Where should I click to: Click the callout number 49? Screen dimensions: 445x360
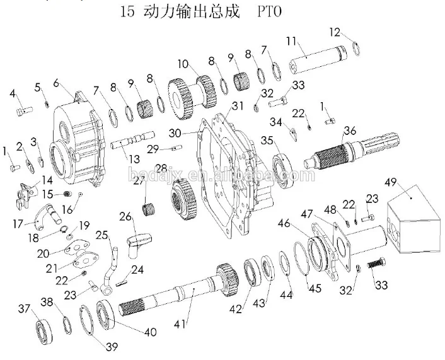[x=391, y=182]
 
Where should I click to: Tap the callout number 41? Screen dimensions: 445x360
[x=180, y=324]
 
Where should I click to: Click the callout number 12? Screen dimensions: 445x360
[x=335, y=32]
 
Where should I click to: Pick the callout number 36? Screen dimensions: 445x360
[x=350, y=131]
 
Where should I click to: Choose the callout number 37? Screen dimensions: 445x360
[x=24, y=308]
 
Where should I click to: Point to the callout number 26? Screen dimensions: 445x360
[x=125, y=217]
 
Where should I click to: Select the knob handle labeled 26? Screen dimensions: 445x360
[x=138, y=245]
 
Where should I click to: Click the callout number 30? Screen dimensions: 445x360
[x=175, y=133]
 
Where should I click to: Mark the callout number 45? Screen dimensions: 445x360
[x=315, y=289]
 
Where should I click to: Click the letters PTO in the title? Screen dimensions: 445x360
[x=269, y=12]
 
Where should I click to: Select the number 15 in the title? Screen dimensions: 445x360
[x=127, y=12]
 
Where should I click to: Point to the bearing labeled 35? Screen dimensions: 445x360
[x=284, y=170]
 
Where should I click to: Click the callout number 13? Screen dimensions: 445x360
[x=134, y=160]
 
